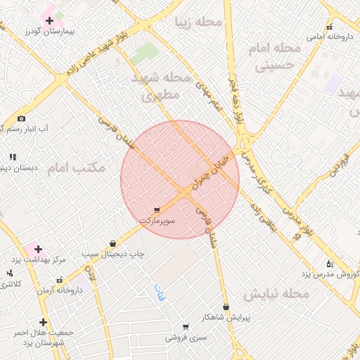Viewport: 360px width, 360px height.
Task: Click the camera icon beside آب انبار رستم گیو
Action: point(21,118)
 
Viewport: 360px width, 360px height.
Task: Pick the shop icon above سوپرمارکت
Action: point(156,210)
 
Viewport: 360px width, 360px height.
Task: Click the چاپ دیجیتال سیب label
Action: point(112,254)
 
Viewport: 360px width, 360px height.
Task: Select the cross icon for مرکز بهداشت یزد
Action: point(38,249)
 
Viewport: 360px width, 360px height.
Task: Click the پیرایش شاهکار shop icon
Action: point(226,307)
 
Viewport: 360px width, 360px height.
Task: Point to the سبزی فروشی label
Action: point(186,337)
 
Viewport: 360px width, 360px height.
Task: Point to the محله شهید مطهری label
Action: point(162,86)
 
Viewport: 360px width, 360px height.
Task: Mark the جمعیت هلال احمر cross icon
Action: point(43,322)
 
